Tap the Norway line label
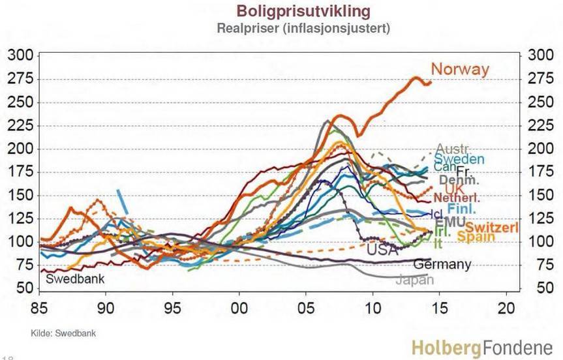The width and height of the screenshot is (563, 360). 460,69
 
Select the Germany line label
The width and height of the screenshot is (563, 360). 442,264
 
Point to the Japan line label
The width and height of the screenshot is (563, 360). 414,280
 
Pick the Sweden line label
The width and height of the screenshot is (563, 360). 459,159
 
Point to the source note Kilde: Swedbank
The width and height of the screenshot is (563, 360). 63,333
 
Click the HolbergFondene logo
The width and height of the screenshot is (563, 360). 481,348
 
